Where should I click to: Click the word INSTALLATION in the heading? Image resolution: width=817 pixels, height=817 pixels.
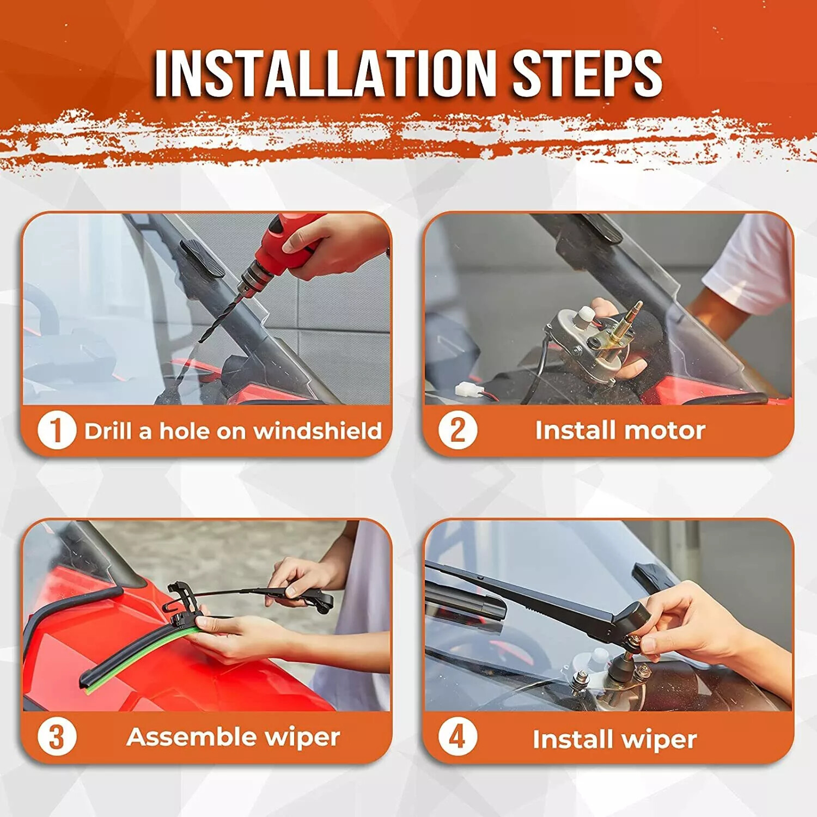pos(325,74)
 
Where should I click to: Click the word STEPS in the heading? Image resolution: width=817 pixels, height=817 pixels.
pos(587,74)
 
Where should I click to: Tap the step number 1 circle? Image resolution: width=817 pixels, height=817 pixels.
pos(57,430)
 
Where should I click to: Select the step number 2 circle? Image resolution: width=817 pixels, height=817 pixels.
pos(458,430)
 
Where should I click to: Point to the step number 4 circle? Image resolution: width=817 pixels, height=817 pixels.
pos(458,737)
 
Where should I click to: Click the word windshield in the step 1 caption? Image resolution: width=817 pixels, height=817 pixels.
pos(318,431)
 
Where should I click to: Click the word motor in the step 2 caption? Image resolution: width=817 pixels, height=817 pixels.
pos(665,430)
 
